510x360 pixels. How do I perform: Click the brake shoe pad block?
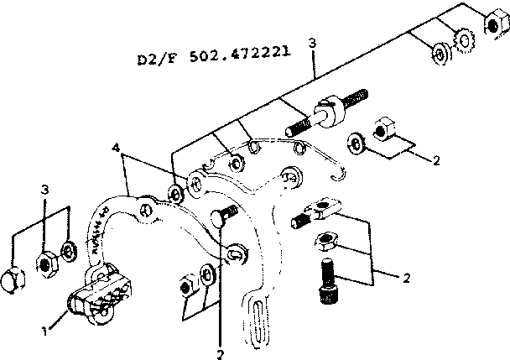click(x=98, y=294)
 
